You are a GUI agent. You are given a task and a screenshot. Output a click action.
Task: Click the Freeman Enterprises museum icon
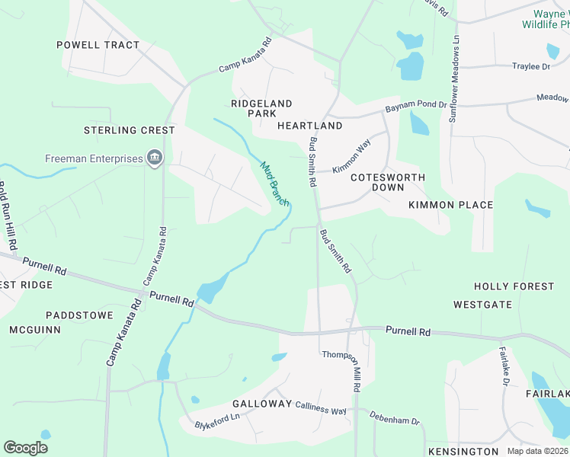click(155, 158)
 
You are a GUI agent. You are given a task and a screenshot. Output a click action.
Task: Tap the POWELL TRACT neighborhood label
click(98, 45)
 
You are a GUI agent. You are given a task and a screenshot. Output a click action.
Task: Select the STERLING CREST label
click(130, 130)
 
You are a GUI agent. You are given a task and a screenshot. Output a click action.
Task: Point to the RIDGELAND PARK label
click(261, 108)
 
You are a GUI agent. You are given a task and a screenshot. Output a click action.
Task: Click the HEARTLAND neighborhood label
click(309, 125)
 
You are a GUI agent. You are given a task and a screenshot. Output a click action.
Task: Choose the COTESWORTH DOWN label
click(387, 182)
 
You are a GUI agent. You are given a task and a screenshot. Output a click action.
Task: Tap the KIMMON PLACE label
click(450, 205)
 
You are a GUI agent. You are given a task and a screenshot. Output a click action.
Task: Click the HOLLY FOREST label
click(514, 286)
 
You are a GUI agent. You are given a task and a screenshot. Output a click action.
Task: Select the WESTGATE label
click(482, 305)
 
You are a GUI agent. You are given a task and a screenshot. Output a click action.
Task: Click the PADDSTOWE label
click(79, 315)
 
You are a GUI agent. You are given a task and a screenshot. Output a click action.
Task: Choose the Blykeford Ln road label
click(217, 420)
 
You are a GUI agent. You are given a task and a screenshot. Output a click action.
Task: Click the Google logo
click(26, 448)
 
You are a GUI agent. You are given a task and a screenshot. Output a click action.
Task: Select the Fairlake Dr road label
click(504, 366)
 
